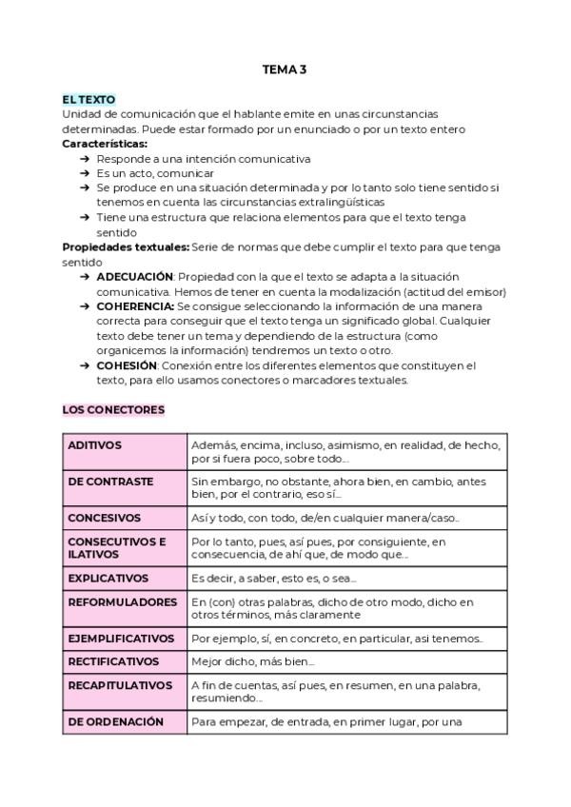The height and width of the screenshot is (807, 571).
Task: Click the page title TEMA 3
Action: point(285,69)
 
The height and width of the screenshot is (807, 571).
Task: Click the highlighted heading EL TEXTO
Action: point(89,99)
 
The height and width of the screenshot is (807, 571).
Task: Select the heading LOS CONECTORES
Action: point(113,410)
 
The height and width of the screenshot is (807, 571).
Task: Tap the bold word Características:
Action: point(105,144)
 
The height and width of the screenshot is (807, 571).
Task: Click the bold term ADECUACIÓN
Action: point(134,276)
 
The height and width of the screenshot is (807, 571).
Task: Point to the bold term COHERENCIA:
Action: point(135,306)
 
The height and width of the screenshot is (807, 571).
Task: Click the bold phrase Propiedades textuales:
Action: point(126,247)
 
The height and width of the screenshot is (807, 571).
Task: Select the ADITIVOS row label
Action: point(95,445)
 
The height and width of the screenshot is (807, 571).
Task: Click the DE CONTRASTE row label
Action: point(110,482)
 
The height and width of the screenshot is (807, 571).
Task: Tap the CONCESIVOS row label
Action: point(105,518)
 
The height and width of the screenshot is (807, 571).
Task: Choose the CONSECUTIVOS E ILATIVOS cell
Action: point(117,547)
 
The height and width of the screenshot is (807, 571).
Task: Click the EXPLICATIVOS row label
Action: point(108,578)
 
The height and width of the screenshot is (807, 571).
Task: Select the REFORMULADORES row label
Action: point(123,602)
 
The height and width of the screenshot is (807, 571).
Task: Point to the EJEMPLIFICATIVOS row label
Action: point(121,639)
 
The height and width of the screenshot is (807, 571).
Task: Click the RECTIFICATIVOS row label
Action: point(114,661)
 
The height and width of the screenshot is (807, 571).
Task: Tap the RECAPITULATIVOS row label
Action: point(120,685)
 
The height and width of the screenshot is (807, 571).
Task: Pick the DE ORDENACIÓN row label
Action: point(116,721)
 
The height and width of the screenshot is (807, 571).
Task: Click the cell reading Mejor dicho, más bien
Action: point(252,661)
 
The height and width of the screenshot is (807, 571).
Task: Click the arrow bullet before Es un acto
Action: point(86,173)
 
